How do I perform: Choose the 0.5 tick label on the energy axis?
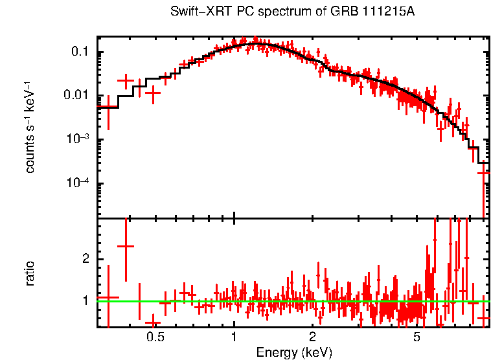point(155,337)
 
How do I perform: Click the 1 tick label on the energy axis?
point(234,337)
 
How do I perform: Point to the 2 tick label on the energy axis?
point(312,337)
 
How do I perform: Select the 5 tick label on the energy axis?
point(417,337)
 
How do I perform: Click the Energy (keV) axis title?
point(294,352)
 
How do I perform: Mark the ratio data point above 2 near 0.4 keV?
point(125,247)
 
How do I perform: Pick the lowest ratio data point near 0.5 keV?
point(153,322)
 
